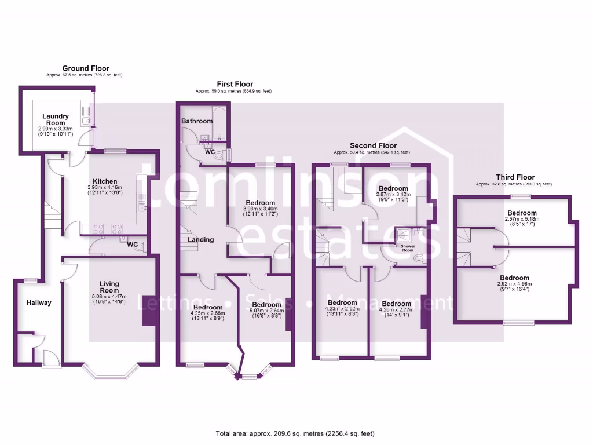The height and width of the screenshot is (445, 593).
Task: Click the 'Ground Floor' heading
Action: tap(85, 68)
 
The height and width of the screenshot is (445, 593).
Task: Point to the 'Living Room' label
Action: tap(109, 287)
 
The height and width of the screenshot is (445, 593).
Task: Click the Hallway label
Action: tap(39, 302)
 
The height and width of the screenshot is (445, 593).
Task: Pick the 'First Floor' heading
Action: tap(235, 84)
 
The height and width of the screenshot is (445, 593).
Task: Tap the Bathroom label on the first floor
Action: tap(197, 121)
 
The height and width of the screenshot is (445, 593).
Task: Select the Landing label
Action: tap(200, 239)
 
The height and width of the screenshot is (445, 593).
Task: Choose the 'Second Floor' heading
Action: tap(373, 145)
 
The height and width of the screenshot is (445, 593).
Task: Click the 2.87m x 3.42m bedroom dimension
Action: tap(393, 195)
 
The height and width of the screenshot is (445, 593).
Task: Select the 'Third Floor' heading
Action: tap(515, 177)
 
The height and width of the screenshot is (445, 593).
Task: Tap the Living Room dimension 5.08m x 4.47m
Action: tap(109, 297)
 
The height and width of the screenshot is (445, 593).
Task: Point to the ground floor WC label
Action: tap(132, 245)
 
